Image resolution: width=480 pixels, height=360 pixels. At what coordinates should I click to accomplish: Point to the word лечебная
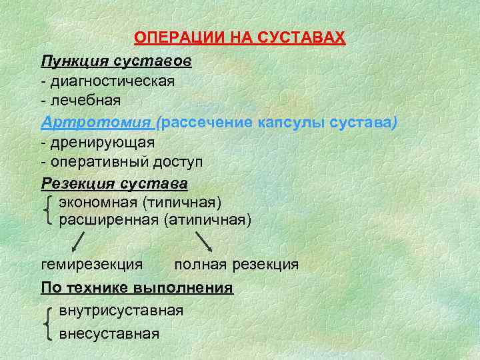(85, 101)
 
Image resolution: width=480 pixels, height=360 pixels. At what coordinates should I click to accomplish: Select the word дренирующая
(101, 143)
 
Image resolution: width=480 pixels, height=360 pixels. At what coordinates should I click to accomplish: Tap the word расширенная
(108, 219)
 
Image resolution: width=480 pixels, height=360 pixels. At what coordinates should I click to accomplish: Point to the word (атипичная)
(206, 219)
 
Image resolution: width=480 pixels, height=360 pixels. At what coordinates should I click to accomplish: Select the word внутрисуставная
(121, 310)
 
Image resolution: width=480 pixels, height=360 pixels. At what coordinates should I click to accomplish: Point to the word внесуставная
(109, 333)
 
